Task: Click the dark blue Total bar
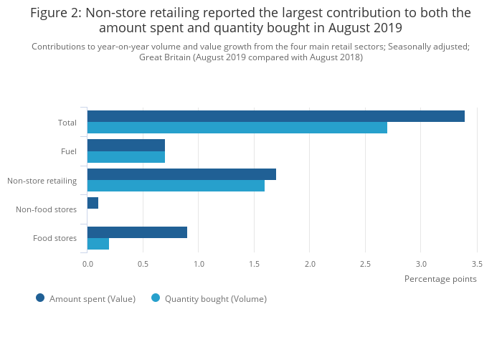pyautogui.click(x=276, y=116)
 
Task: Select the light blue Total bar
pyautogui.click(x=237, y=128)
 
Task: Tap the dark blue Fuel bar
pyautogui.click(x=126, y=145)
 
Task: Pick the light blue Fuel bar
pyautogui.click(x=126, y=156)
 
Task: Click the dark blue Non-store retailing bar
pyautogui.click(x=181, y=174)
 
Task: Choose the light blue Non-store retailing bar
pyautogui.click(x=176, y=186)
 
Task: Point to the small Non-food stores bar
pyautogui.click(x=93, y=203)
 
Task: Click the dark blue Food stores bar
pyautogui.click(x=137, y=232)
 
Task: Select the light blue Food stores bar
pyautogui.click(x=98, y=244)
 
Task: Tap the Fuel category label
pyautogui.click(x=69, y=151)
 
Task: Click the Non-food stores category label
pyautogui.click(x=46, y=209)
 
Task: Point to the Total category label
pyautogui.click(x=67, y=123)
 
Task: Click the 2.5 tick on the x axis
pyautogui.click(x=366, y=264)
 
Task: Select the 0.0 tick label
pyautogui.click(x=87, y=264)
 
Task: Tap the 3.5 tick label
pyautogui.click(x=477, y=264)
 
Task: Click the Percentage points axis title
pyautogui.click(x=440, y=279)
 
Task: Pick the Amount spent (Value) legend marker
pyautogui.click(x=40, y=298)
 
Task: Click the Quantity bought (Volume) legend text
pyautogui.click(x=215, y=299)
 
